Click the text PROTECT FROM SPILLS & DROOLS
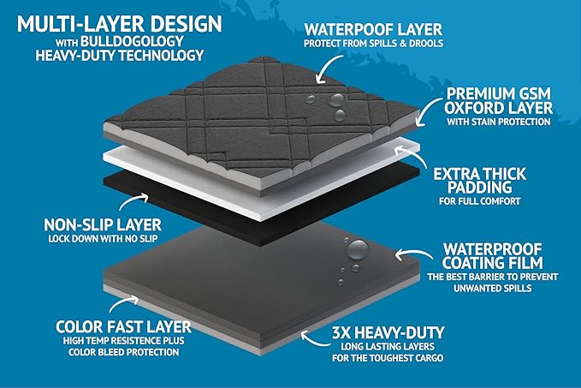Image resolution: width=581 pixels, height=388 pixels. pyautogui.click(x=366, y=44)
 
